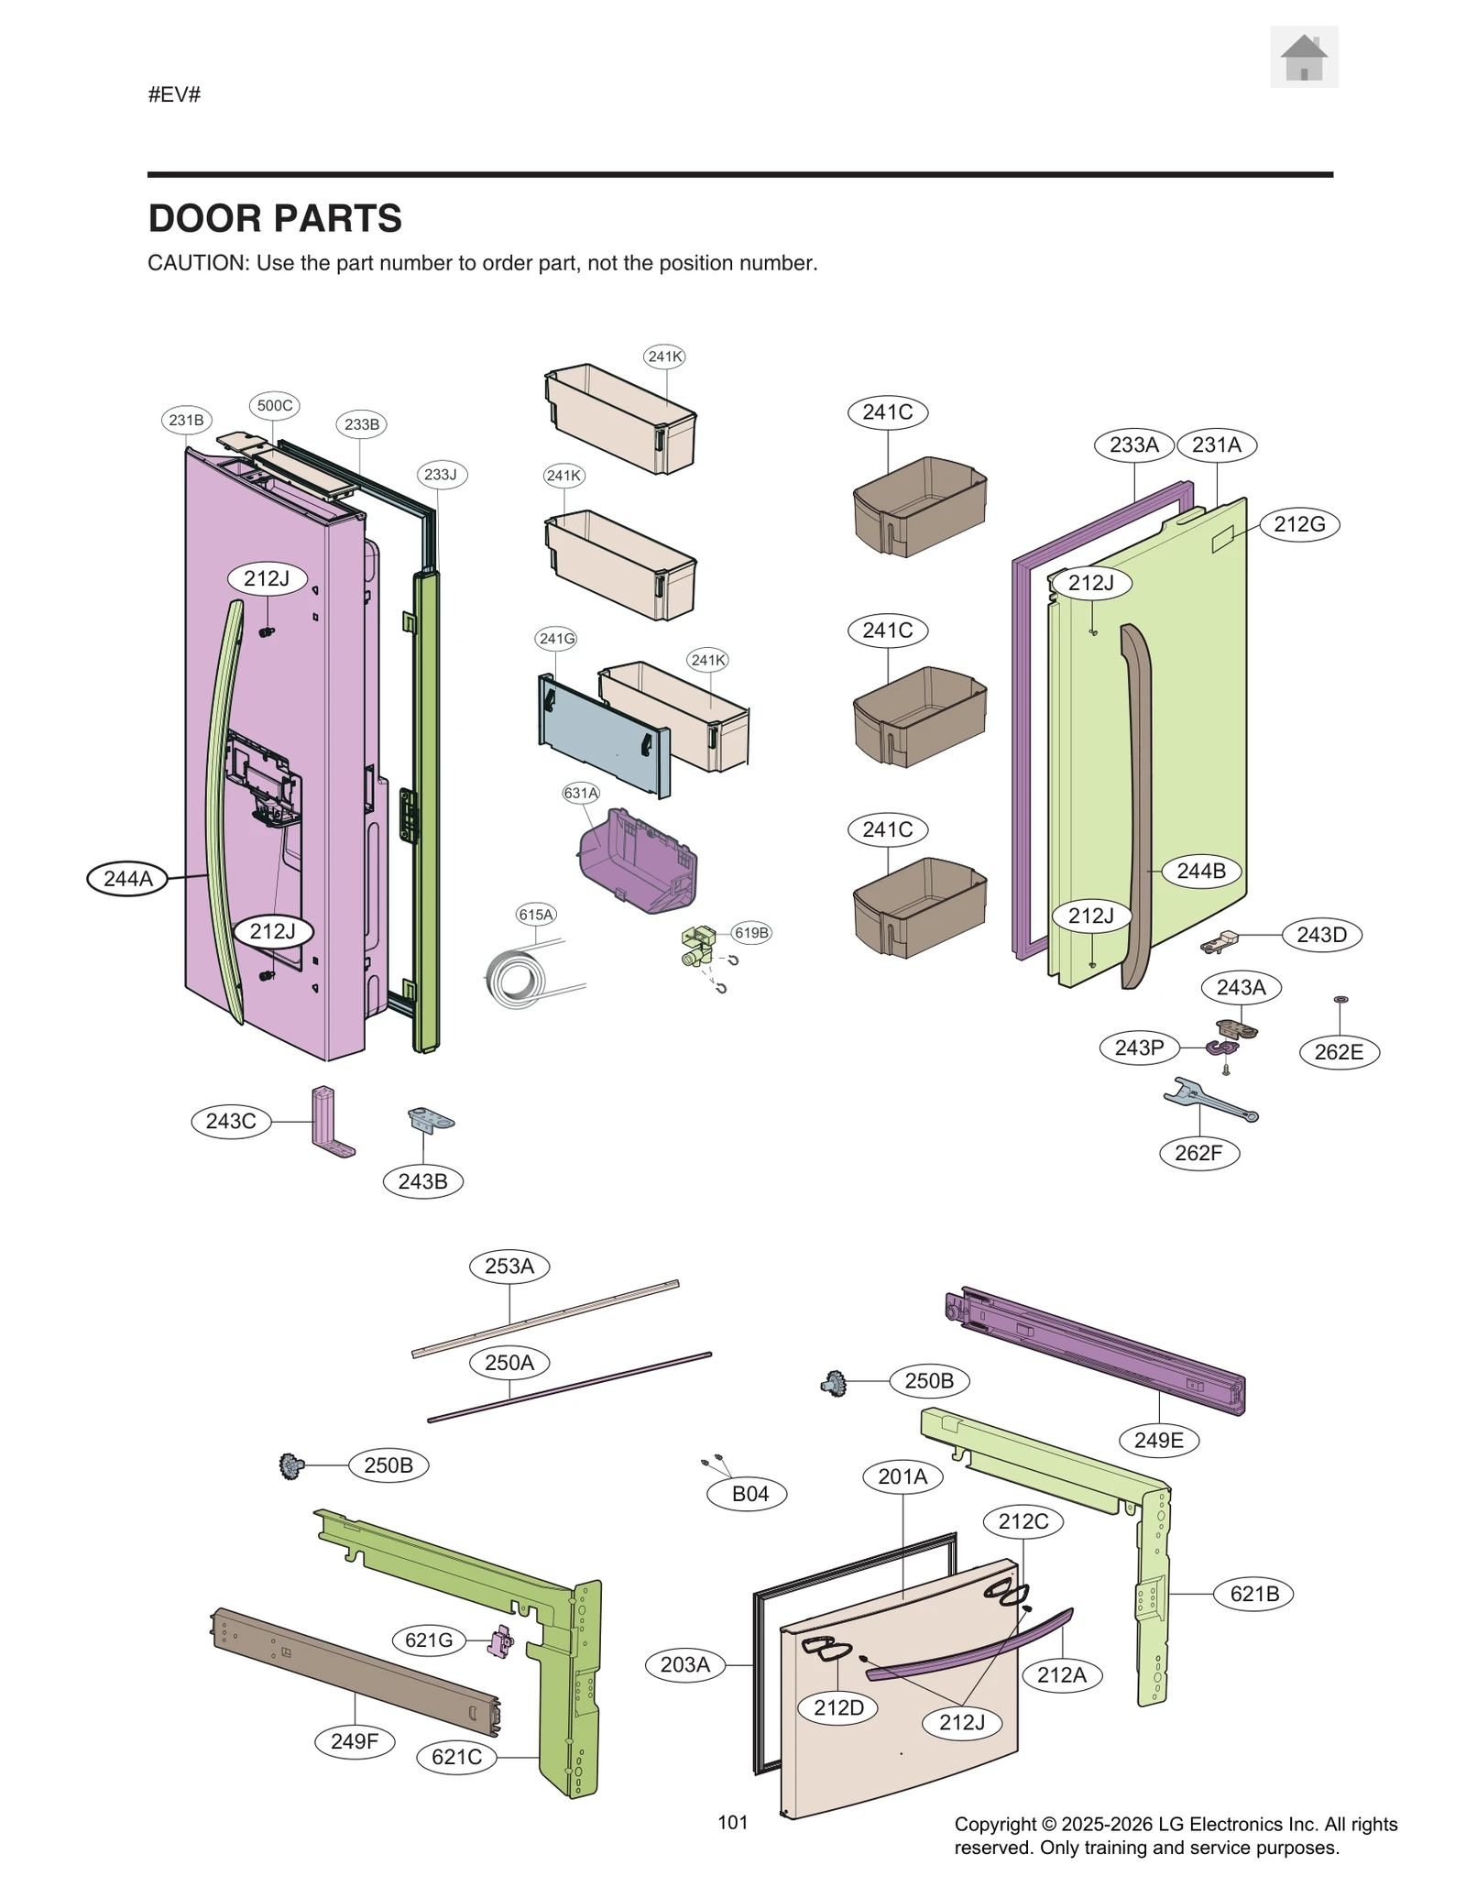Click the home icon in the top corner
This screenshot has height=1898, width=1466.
click(1303, 58)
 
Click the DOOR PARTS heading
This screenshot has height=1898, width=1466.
click(275, 219)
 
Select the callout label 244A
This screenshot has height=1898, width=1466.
click(127, 879)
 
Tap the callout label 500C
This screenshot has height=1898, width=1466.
click(275, 405)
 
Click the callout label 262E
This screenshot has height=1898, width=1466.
click(1339, 1052)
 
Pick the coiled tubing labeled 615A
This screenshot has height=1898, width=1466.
click(518, 979)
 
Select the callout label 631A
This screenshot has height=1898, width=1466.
click(581, 793)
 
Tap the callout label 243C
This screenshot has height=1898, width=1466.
click(231, 1121)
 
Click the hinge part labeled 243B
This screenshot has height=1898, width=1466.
click(429, 1120)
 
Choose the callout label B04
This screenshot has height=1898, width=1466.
click(749, 1493)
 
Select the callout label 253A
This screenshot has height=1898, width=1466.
click(509, 1266)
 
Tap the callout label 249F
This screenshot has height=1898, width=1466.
click(355, 1740)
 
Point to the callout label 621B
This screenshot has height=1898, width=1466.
click(1253, 1593)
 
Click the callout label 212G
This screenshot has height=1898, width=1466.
click(1299, 524)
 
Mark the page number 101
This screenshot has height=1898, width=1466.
click(733, 1822)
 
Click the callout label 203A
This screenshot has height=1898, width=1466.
click(685, 1664)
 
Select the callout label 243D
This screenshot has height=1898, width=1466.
click(1321, 935)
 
